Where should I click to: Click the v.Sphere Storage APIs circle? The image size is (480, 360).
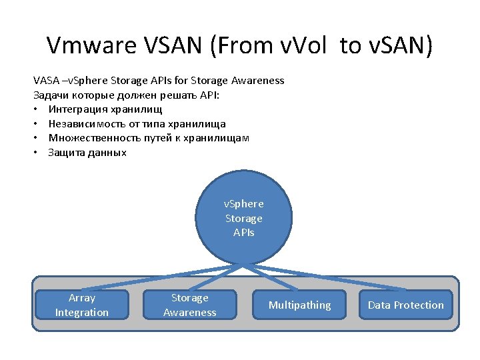pyautogui.click(x=243, y=218)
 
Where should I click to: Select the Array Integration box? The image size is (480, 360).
pyautogui.click(x=81, y=305)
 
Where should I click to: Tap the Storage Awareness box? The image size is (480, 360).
pyautogui.click(x=190, y=305)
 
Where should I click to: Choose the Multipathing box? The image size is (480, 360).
pyautogui.click(x=299, y=305)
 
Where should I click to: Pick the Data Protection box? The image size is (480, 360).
pyautogui.click(x=405, y=305)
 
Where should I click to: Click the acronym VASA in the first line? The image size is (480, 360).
pyautogui.click(x=45, y=81)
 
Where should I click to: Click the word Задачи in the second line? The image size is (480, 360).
pyautogui.click(x=49, y=95)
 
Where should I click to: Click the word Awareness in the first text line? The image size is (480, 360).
pyautogui.click(x=257, y=81)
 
